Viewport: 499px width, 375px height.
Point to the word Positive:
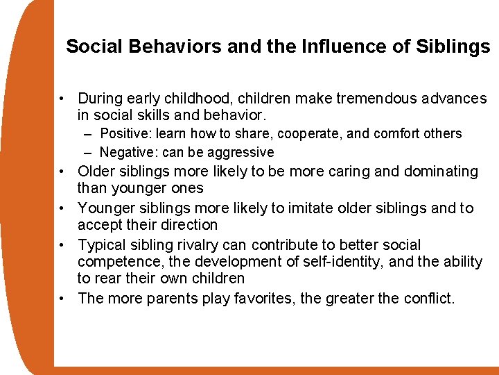[127, 133]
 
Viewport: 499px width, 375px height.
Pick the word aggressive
[239, 152]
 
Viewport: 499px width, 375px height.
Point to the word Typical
[101, 245]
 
